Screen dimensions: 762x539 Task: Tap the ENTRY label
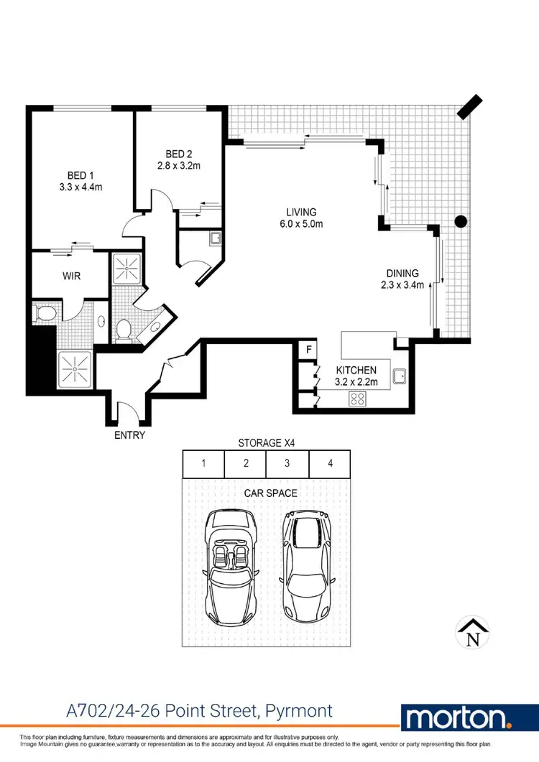pyautogui.click(x=129, y=435)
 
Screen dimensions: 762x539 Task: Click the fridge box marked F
pyautogui.click(x=308, y=350)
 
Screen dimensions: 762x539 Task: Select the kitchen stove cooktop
pyautogui.click(x=357, y=399)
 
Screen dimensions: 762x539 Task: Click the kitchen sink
pyautogui.click(x=400, y=375)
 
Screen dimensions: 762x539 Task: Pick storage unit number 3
pyautogui.click(x=287, y=463)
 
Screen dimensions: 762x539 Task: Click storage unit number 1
pyautogui.click(x=203, y=463)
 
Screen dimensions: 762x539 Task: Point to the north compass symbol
pyautogui.click(x=473, y=631)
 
